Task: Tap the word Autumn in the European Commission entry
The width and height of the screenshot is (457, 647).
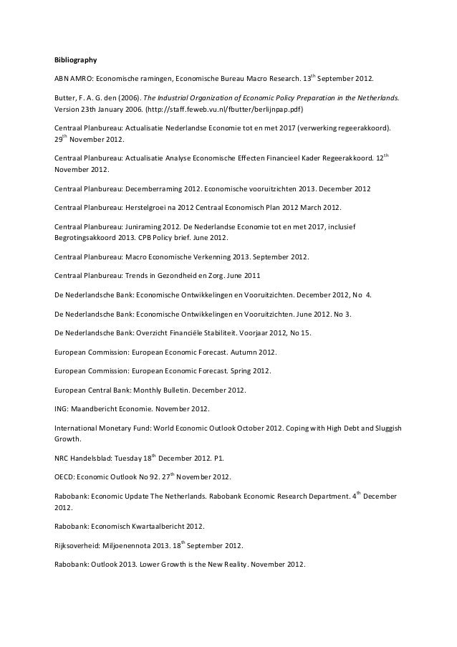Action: point(243,353)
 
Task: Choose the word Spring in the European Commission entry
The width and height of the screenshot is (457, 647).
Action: point(241,371)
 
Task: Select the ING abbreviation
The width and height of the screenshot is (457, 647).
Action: point(61,409)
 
